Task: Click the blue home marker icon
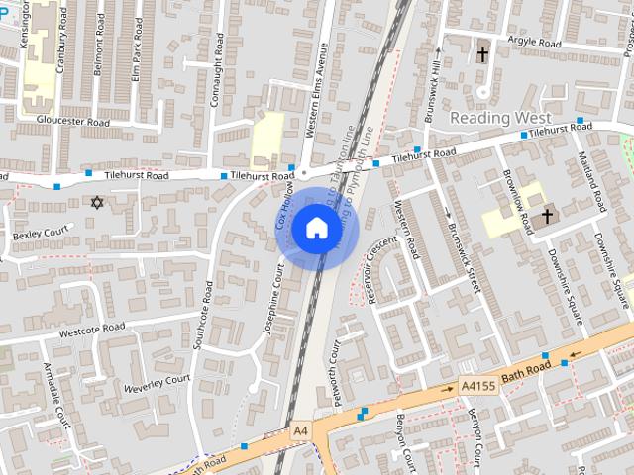pyautogui.click(x=316, y=229)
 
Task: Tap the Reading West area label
pyautogui.click(x=501, y=118)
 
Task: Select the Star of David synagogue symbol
pyautogui.click(x=97, y=203)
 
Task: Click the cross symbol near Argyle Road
pyautogui.click(x=483, y=54)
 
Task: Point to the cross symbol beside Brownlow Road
pyautogui.click(x=547, y=215)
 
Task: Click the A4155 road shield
pyautogui.click(x=478, y=388)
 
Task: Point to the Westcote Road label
pyautogui.click(x=92, y=329)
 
